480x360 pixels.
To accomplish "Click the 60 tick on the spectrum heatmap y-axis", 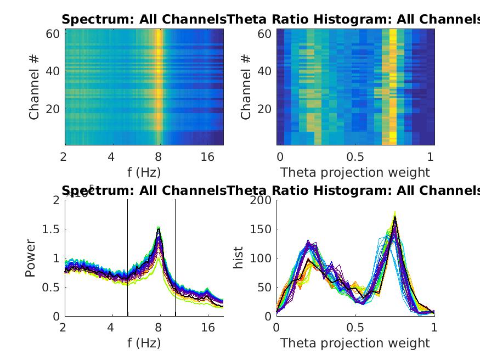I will [52, 33].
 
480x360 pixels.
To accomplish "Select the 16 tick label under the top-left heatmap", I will [207, 157].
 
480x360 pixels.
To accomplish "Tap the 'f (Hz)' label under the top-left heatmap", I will [144, 172].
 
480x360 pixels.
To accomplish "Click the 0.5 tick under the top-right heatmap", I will [355, 157].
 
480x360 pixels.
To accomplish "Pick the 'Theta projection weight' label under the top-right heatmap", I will [355, 172].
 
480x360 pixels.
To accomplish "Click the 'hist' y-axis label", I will [239, 258].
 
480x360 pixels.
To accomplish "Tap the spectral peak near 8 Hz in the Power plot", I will [159, 229].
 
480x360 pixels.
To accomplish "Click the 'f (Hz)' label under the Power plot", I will [144, 344].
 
